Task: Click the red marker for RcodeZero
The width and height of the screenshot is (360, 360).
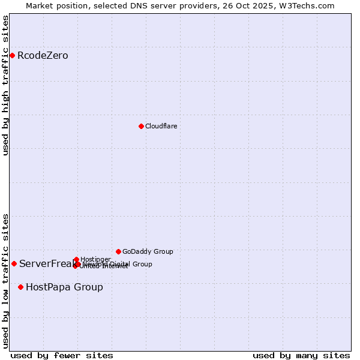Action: coord(12,55)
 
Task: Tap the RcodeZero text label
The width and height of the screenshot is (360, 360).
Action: coord(43,56)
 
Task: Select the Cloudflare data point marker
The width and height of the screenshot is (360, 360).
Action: coord(141,126)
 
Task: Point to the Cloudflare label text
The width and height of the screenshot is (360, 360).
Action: coord(161,126)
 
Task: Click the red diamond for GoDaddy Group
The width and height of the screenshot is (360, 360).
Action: coord(118,251)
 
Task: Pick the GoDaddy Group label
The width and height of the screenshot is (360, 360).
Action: coord(148,251)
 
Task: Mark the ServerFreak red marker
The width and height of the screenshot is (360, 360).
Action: coord(14,263)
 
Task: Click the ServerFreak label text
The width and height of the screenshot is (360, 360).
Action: coord(46,263)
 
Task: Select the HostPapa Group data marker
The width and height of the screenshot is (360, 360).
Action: coord(20,287)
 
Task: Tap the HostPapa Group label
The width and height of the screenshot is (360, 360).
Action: coord(64,287)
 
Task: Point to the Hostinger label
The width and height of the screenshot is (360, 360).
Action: coord(95,259)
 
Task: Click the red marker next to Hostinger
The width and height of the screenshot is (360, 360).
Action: coord(76,259)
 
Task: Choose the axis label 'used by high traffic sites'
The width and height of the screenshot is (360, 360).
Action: coord(5,85)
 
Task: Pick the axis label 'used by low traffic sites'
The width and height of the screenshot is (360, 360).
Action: coord(5,280)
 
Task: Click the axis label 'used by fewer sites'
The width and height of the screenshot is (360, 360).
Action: coord(62,355)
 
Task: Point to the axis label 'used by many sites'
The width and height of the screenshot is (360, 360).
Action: coord(301,355)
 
